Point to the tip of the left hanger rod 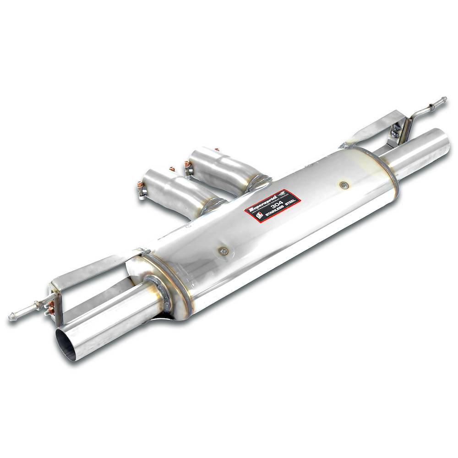coord(11,317)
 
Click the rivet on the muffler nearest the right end coord(343,185)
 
